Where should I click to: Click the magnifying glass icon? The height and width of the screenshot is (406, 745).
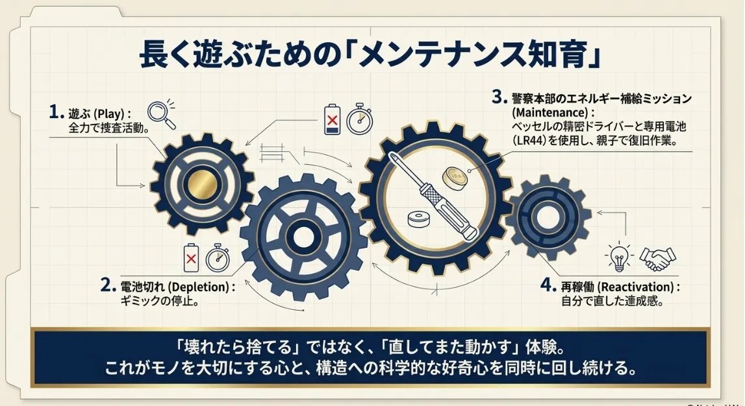click(160, 114)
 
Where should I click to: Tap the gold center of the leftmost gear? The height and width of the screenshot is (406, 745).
click(202, 184)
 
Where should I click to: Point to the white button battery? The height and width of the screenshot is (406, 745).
click(420, 219)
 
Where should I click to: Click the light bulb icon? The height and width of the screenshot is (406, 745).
click(619, 257)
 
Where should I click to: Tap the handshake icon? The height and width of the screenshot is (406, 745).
click(658, 259)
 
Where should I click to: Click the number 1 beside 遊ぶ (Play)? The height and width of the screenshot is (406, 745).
click(56, 112)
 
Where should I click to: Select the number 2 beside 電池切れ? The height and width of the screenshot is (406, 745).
click(108, 285)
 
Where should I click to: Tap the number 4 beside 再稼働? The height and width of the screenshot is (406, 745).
click(548, 285)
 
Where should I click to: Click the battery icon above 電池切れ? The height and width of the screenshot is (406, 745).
click(192, 257)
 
